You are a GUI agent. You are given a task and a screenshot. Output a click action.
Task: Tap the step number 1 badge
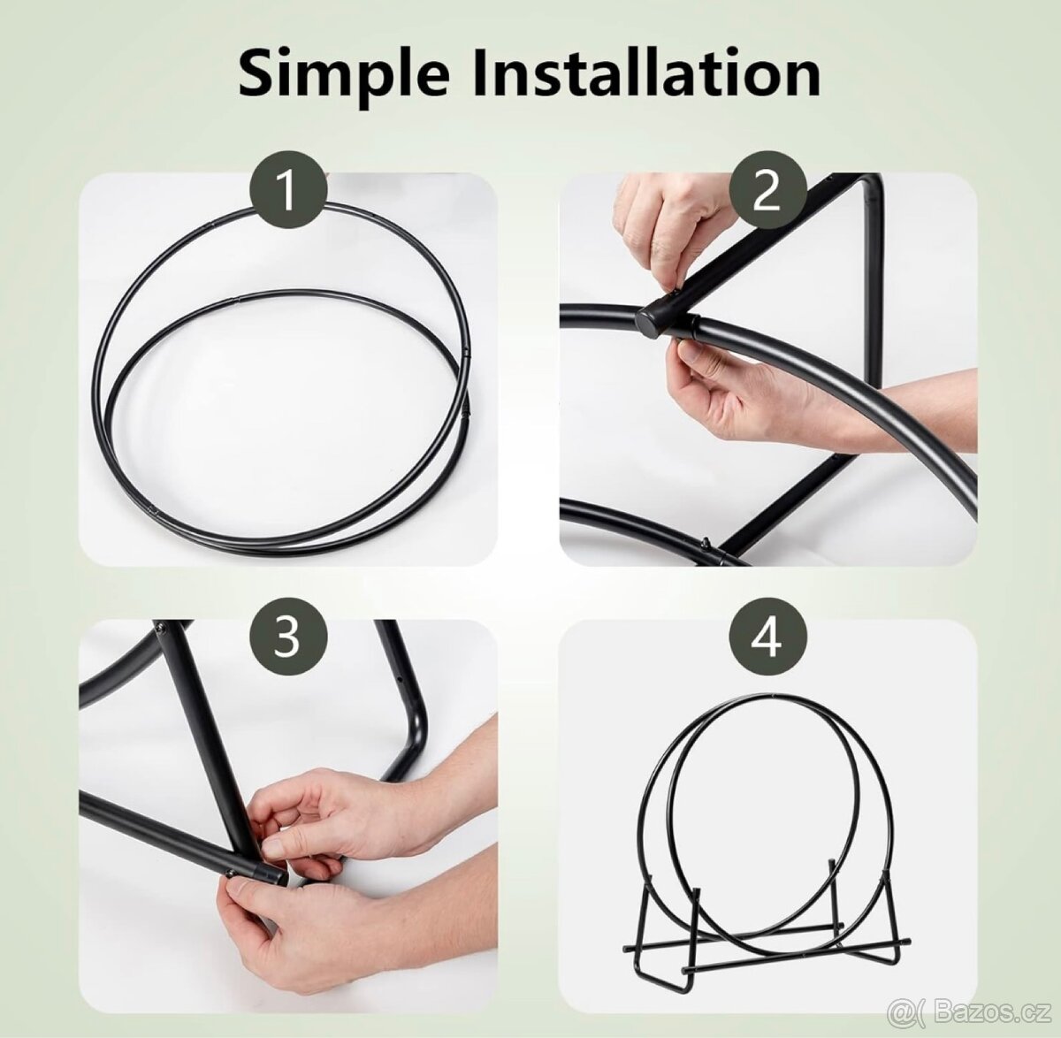[x=288, y=192]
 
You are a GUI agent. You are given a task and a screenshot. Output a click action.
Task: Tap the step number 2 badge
[x=767, y=192]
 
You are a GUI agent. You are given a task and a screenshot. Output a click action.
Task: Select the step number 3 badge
[x=288, y=637]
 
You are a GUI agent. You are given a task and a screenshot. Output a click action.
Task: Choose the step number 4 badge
[x=767, y=637]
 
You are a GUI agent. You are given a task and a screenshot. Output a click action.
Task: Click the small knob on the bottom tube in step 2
[x=706, y=543]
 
